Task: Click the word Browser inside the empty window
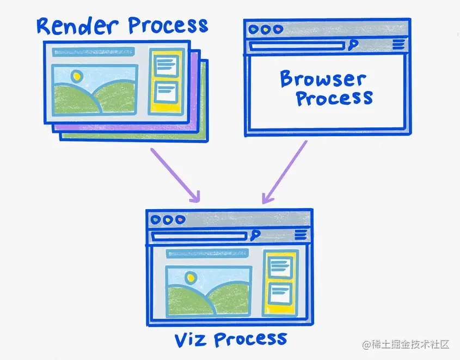click(323, 79)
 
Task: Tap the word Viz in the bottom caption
click(191, 339)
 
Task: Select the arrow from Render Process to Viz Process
click(175, 174)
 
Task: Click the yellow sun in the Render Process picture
click(76, 76)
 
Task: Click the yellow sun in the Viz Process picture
click(190, 277)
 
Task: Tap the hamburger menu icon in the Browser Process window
click(398, 45)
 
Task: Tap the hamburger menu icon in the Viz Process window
click(301, 235)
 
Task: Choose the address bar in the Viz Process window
click(200, 236)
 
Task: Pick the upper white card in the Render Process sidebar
click(165, 66)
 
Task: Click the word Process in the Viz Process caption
click(250, 339)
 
